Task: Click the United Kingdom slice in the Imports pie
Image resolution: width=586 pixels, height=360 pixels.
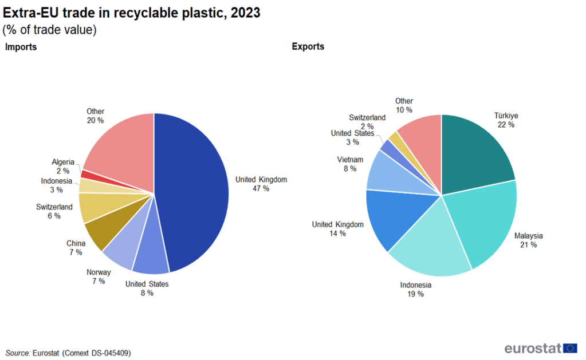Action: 192,192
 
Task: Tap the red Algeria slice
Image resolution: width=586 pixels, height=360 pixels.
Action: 86,174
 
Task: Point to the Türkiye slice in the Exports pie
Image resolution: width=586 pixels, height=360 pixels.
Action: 475,152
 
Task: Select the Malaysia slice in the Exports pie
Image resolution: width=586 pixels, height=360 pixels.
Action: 487,223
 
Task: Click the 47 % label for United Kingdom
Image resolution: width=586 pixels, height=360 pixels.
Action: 261,188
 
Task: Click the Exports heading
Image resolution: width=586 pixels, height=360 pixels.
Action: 308,46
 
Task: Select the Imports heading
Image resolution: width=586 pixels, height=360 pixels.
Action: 21,47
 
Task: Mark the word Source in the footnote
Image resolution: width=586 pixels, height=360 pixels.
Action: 18,353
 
